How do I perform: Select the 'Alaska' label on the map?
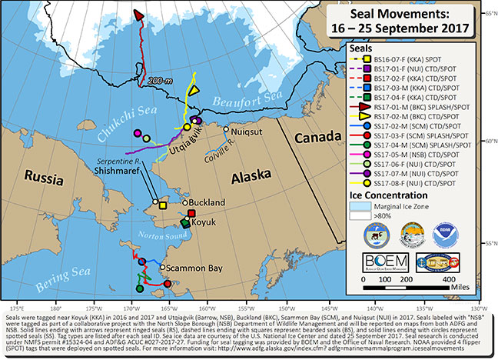(249, 176)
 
